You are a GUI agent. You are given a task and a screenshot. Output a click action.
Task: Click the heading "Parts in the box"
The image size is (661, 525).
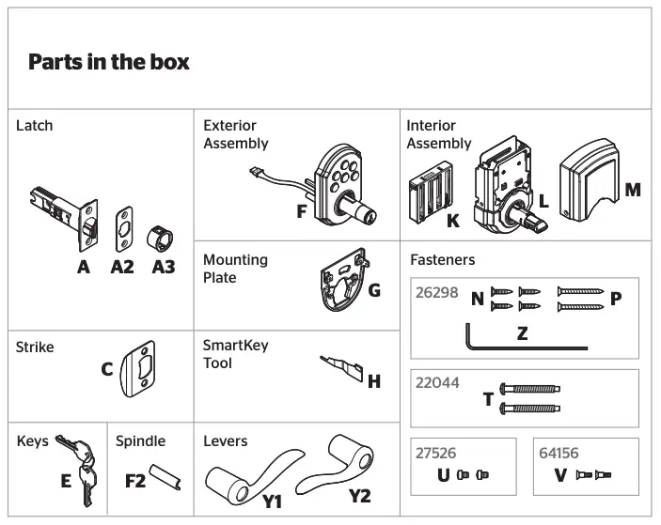(x=109, y=63)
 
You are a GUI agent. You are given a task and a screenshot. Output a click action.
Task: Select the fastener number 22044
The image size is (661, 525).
(x=436, y=382)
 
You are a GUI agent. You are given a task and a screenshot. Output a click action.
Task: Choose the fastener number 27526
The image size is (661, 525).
(x=436, y=452)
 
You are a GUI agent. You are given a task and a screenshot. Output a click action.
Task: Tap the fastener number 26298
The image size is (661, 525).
(x=436, y=292)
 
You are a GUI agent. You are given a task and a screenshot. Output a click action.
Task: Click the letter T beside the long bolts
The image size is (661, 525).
(x=488, y=399)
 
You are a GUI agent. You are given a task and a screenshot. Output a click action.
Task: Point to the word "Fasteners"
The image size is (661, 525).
(x=443, y=259)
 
